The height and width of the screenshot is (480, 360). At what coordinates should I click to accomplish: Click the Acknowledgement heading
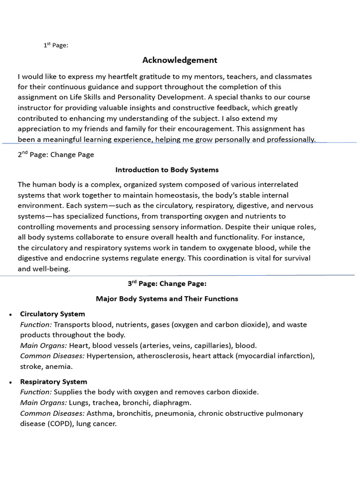coord(180,60)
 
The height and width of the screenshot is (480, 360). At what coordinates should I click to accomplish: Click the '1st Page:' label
coord(56,45)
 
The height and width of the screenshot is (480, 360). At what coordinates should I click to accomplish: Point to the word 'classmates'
coord(291,76)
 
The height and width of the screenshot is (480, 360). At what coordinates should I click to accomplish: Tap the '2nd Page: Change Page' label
coord(56,155)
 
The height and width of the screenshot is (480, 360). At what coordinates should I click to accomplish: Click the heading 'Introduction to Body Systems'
coord(167,170)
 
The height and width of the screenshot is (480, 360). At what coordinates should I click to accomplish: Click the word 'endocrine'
coord(75,258)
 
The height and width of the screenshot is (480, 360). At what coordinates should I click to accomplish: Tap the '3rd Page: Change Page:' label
coord(167,284)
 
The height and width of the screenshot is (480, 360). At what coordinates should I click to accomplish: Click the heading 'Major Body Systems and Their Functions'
coord(167,299)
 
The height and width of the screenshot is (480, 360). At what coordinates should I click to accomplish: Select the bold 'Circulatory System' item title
coord(52,314)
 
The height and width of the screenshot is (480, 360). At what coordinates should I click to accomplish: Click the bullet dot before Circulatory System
coord(10,315)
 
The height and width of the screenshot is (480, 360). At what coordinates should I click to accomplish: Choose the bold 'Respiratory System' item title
coord(53,382)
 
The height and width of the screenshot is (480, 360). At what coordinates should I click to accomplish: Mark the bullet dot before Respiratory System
coord(10,382)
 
